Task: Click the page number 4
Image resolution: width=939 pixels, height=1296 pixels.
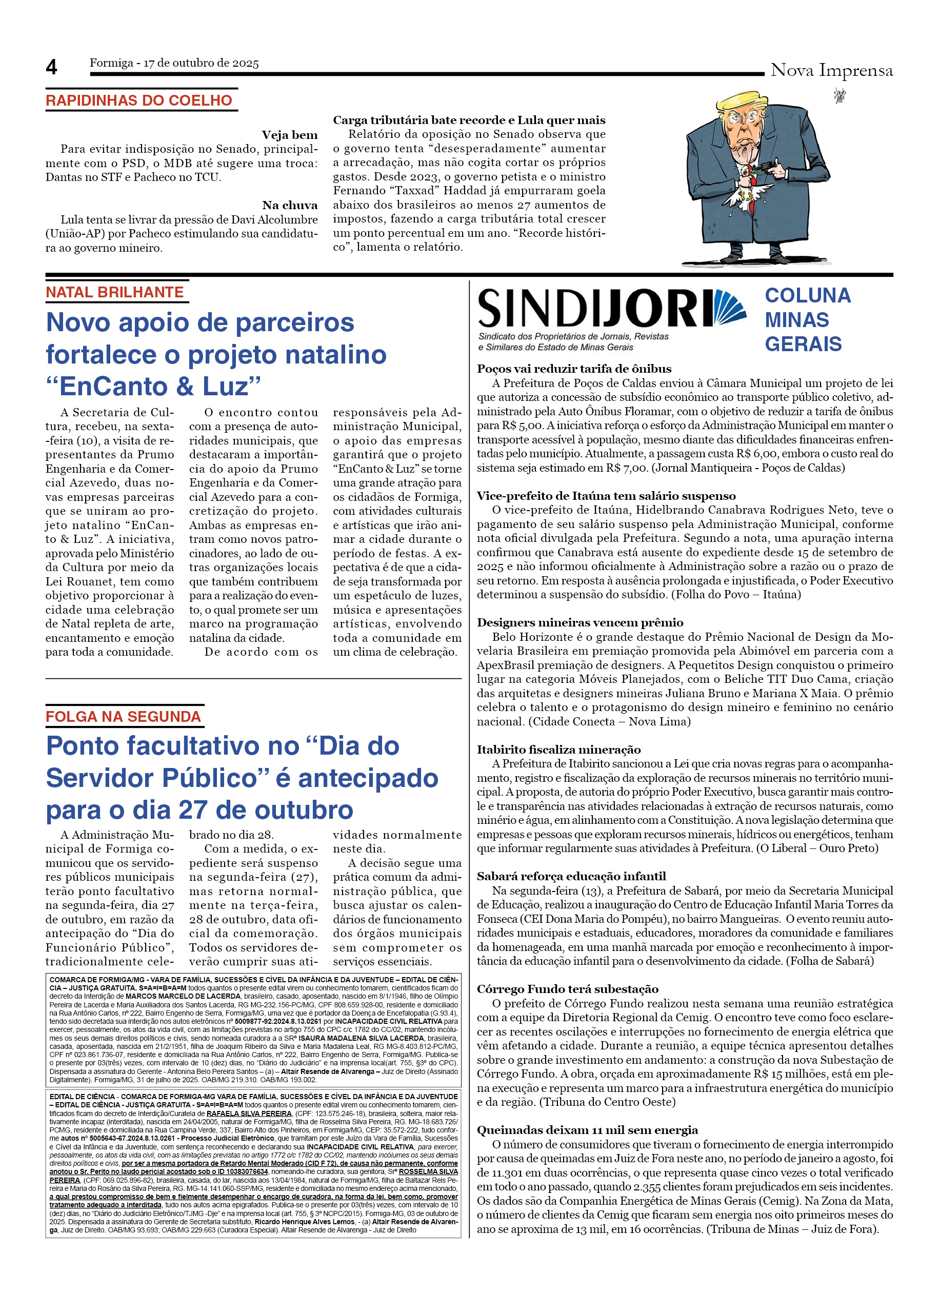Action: tap(51, 68)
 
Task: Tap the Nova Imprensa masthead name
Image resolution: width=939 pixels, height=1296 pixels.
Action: tap(831, 70)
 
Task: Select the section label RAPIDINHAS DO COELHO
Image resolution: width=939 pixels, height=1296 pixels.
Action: tap(139, 100)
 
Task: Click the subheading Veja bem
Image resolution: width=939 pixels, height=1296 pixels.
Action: tap(289, 135)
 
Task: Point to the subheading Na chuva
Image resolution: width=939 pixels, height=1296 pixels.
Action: tap(289, 205)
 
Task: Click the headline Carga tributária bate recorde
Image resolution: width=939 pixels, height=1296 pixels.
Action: tap(469, 120)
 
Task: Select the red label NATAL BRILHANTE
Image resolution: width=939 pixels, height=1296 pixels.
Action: tap(114, 292)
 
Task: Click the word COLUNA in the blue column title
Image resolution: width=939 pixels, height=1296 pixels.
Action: tap(808, 295)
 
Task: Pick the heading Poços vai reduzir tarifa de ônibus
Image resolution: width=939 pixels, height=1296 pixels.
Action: tap(574, 369)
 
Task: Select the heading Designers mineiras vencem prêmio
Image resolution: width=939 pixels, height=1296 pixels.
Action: tap(580, 622)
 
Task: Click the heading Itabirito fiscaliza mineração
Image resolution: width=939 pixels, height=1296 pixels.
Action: tap(558, 749)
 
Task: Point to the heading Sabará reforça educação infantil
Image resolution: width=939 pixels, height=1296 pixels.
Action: tap(571, 876)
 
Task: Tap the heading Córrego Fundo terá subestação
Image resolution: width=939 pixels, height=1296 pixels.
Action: tap(568, 989)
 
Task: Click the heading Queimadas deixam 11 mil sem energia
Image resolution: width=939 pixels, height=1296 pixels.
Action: tap(587, 1130)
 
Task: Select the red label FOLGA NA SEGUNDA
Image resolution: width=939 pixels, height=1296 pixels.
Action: tap(123, 717)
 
